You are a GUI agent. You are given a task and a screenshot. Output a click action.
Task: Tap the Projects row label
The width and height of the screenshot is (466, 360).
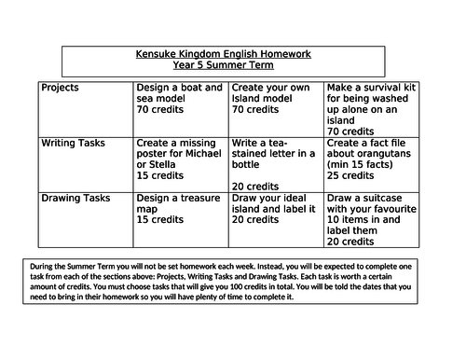click(x=61, y=88)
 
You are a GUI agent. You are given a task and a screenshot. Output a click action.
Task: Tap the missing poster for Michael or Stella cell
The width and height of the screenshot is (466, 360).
click(x=181, y=159)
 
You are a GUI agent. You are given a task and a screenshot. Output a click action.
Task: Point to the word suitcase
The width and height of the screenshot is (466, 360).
click(x=392, y=198)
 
